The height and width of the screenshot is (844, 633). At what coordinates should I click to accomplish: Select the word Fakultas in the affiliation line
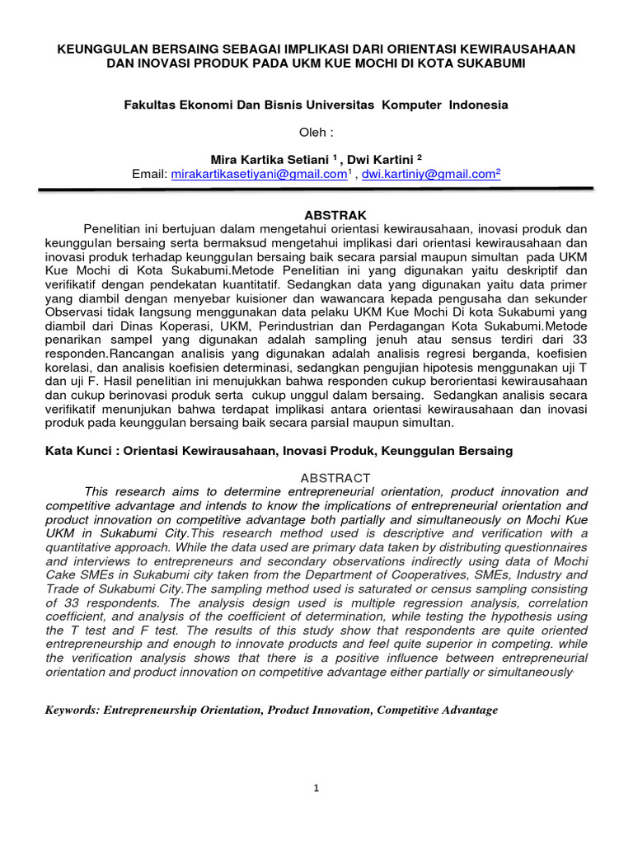coord(150,105)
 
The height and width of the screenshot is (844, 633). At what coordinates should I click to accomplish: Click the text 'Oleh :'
coord(316,132)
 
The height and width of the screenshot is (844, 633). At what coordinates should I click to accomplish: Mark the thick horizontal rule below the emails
coord(316,190)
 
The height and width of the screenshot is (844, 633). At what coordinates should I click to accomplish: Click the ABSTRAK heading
coord(316,213)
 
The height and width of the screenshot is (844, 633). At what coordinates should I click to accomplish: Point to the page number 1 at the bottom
coord(316,788)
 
